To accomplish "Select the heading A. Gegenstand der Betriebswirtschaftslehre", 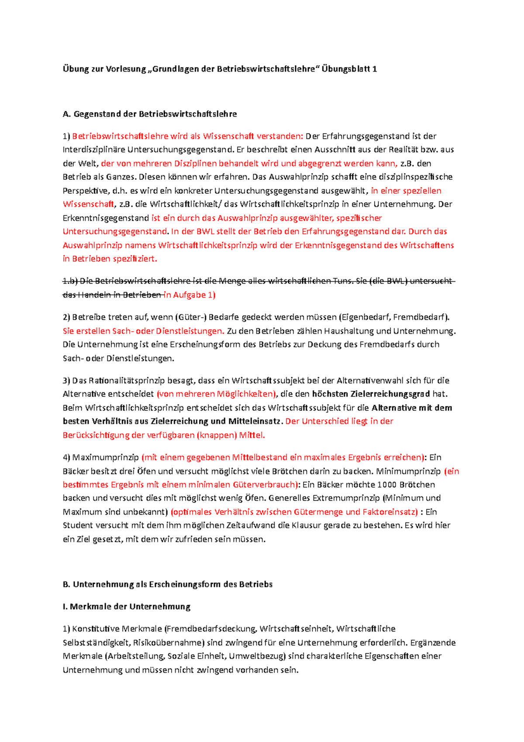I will (x=150, y=114).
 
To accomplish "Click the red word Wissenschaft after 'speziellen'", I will (x=88, y=204).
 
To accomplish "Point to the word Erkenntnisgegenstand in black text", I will (x=106, y=218).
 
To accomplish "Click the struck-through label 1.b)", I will (x=70, y=281).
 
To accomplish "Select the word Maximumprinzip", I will (x=105, y=458).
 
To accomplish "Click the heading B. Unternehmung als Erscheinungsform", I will (x=168, y=585).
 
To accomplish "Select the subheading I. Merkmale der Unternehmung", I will (x=127, y=607).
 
